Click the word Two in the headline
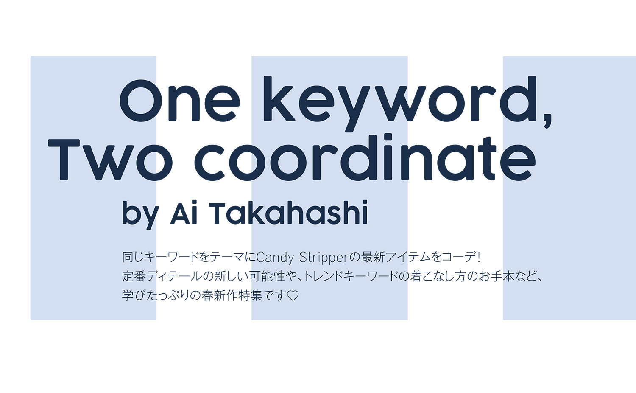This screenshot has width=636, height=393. tap(110, 160)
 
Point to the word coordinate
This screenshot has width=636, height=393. tap(365, 157)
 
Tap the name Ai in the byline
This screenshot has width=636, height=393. tap(184, 213)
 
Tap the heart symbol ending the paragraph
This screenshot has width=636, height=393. tap(293, 296)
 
